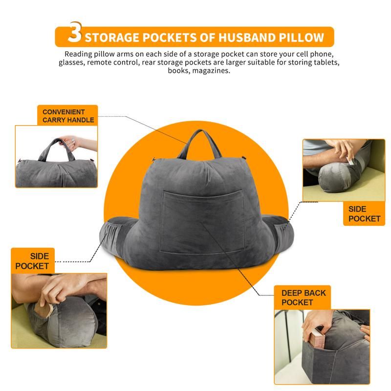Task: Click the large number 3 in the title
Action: point(75,32)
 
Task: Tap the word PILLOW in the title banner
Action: point(302,38)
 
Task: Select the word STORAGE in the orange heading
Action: point(112,38)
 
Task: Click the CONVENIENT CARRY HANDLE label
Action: point(68,116)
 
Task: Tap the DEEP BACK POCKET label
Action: point(304,298)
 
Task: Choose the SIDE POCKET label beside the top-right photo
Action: point(364,214)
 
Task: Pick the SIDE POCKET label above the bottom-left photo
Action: point(32,261)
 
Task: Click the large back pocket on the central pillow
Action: point(202,221)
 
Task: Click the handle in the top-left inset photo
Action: point(57,150)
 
